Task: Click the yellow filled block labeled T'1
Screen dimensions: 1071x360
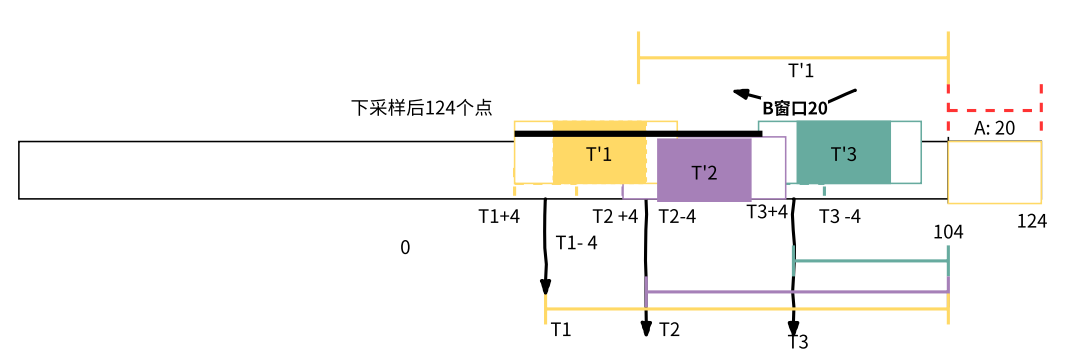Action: tap(598, 155)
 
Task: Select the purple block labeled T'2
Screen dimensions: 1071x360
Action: tap(704, 170)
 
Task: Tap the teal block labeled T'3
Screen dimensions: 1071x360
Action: tap(843, 153)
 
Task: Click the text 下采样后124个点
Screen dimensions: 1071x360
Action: tap(421, 108)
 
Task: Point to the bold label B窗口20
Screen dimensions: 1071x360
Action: tap(794, 108)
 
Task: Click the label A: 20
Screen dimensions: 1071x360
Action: tap(994, 128)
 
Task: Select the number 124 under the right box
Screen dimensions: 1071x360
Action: tap(1031, 221)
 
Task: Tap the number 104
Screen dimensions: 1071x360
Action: tap(948, 232)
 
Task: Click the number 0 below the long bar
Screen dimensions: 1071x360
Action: tap(405, 247)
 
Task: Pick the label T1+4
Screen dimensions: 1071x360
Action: tap(499, 216)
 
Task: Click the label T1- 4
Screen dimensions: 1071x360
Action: tap(576, 242)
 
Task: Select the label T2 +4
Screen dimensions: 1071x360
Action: tap(615, 216)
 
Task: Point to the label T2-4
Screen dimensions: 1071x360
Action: tap(677, 216)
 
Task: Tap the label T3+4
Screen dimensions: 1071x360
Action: tap(767, 211)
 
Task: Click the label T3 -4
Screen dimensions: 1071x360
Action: tap(839, 216)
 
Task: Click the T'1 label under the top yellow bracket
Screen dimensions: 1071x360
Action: tap(801, 71)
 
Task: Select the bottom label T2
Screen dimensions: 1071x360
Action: tap(669, 329)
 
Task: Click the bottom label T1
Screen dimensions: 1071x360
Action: tap(561, 329)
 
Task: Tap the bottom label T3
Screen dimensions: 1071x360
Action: tap(797, 342)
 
